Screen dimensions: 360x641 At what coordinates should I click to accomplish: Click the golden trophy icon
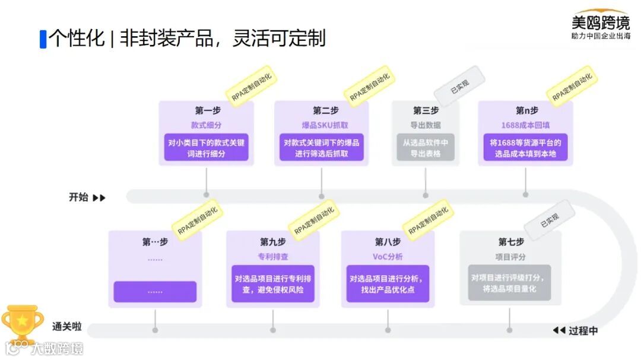point(22,323)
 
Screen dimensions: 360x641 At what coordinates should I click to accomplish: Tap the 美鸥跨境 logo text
point(600,23)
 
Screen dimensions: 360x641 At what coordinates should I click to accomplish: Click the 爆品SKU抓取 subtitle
point(321,126)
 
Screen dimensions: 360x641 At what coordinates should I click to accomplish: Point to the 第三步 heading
point(426,110)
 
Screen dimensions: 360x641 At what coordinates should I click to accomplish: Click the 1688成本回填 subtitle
point(525,126)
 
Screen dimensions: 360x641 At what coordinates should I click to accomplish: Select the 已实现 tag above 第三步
point(459,85)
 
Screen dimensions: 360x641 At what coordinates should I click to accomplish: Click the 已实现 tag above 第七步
point(549,220)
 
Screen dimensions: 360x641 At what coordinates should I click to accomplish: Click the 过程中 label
point(583,331)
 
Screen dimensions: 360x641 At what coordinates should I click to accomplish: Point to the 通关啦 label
point(66,327)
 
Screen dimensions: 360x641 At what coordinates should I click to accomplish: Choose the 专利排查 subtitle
point(273,257)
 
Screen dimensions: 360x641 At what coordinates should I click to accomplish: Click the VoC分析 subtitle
point(388,257)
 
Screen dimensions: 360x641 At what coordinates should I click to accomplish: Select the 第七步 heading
point(511,242)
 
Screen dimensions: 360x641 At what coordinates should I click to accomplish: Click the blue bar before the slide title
point(43,39)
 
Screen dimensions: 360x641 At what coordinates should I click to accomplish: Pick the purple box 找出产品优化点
point(388,283)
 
